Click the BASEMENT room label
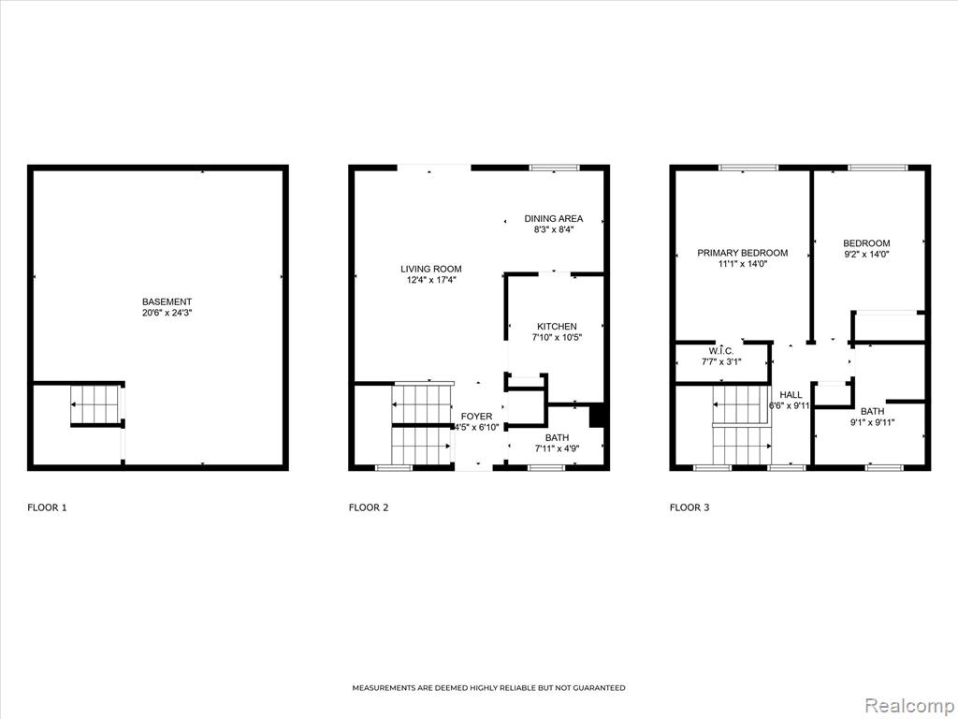167,301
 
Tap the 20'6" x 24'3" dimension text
167,313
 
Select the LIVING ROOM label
430,269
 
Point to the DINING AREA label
554,218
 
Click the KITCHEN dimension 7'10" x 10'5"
557,337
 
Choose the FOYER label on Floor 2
476,417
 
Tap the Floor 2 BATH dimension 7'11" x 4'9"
557,448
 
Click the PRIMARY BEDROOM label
742,253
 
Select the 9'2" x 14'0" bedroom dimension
866,255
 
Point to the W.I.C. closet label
721,351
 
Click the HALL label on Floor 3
791,395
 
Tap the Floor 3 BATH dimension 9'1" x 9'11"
873,422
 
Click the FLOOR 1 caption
47,507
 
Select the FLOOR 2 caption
369,507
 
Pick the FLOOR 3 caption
689,507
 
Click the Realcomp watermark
908,706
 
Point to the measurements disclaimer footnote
488,688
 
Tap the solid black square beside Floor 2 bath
597,417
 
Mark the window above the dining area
554,168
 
